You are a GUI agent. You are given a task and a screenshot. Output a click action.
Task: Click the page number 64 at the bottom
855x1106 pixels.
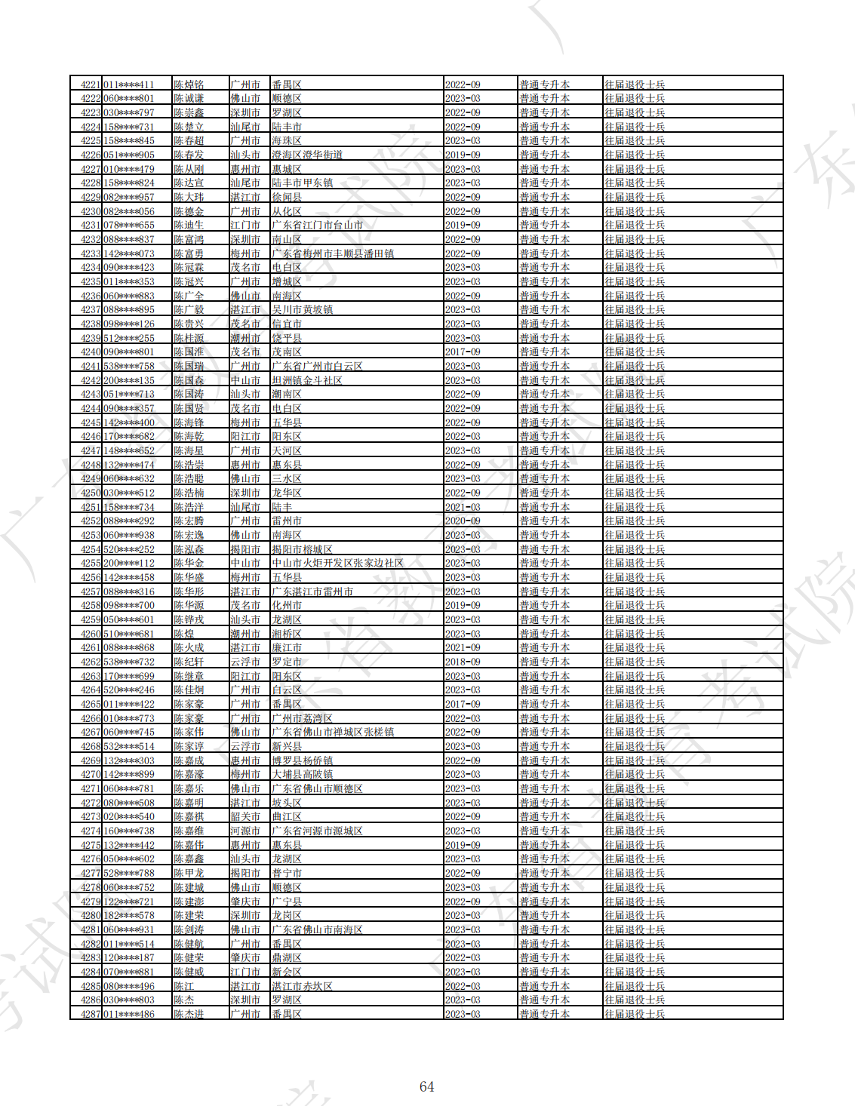pyautogui.click(x=426, y=1086)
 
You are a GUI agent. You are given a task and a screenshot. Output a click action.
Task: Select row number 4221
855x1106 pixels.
pyautogui.click(x=91, y=84)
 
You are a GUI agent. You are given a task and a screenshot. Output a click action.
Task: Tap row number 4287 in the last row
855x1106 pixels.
pyautogui.click(x=91, y=1014)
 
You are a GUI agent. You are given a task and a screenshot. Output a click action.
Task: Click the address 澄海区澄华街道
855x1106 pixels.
pyautogui.click(x=307, y=155)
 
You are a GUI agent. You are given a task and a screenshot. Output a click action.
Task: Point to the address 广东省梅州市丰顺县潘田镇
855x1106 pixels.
pyautogui.click(x=333, y=253)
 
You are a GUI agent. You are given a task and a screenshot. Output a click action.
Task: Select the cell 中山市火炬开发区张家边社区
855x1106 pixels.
pyautogui.click(x=337, y=563)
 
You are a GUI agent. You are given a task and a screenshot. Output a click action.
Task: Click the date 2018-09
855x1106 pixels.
pyautogui.click(x=463, y=662)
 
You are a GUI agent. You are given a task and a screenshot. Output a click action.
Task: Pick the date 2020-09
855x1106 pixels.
pyautogui.click(x=463, y=521)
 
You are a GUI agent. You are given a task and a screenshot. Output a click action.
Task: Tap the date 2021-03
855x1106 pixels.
pyautogui.click(x=463, y=507)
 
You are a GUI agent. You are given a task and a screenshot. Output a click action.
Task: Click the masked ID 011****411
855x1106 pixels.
pyautogui.click(x=129, y=84)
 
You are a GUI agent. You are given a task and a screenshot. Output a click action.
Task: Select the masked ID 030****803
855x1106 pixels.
pyautogui.click(x=129, y=1000)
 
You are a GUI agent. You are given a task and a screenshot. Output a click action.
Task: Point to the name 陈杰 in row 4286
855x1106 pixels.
pyautogui.click(x=184, y=1000)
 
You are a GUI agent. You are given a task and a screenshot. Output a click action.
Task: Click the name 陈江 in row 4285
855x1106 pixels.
pyautogui.click(x=184, y=986)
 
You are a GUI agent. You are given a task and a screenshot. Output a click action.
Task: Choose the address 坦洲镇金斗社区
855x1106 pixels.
pyautogui.click(x=307, y=380)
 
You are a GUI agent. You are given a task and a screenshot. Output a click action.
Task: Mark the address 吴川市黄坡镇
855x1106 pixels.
pyautogui.click(x=302, y=309)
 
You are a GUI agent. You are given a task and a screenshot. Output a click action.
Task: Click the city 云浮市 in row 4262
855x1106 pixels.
pyautogui.click(x=245, y=662)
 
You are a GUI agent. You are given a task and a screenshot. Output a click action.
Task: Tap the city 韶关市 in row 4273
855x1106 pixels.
pyautogui.click(x=245, y=816)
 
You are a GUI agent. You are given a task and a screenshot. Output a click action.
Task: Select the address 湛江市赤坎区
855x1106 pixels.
pyautogui.click(x=302, y=986)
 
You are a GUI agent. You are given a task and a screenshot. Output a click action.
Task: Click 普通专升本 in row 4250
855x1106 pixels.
pyautogui.click(x=544, y=493)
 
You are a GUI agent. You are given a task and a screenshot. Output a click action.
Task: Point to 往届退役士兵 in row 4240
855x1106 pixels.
pyautogui.click(x=635, y=352)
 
